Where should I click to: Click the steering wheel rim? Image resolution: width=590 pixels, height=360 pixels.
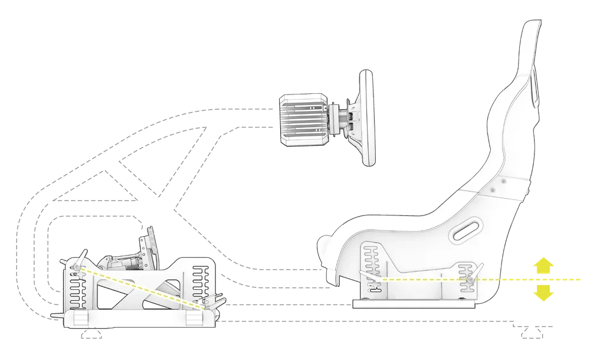366,118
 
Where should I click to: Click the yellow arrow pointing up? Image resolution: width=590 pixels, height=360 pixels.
541,266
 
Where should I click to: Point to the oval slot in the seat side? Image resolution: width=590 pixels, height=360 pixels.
466,230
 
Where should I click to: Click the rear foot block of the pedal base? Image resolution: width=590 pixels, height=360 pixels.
195,320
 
